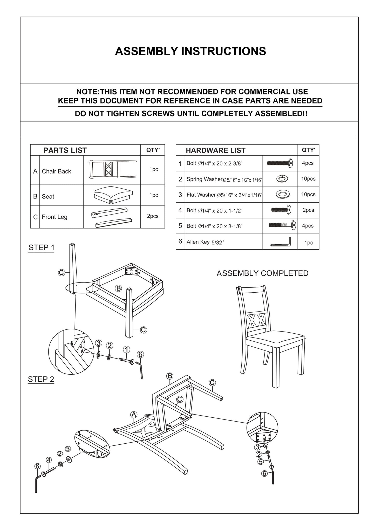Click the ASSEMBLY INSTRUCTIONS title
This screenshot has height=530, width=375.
point(190,51)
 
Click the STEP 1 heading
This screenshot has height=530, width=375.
point(42,247)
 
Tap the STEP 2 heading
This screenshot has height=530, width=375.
point(41,379)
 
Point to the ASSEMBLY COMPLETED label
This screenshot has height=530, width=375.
point(262,273)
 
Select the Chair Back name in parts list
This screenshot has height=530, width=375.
point(56,171)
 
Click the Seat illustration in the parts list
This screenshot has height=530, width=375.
point(113,195)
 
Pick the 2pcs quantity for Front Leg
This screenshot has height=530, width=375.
point(153,216)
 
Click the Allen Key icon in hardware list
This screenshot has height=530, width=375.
point(281,242)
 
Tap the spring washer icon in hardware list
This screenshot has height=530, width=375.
point(282,179)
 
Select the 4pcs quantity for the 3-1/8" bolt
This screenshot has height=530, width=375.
point(308,226)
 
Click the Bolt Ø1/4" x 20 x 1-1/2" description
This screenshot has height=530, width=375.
point(214,210)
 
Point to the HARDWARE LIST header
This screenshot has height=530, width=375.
point(215,150)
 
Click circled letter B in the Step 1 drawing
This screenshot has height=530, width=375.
point(118,288)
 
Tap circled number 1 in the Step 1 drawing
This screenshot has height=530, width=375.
point(126,350)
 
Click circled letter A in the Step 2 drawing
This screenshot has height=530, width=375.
point(134,415)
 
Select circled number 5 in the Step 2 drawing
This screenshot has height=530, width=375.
point(261,462)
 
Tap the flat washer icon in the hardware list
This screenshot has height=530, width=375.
point(282,195)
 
